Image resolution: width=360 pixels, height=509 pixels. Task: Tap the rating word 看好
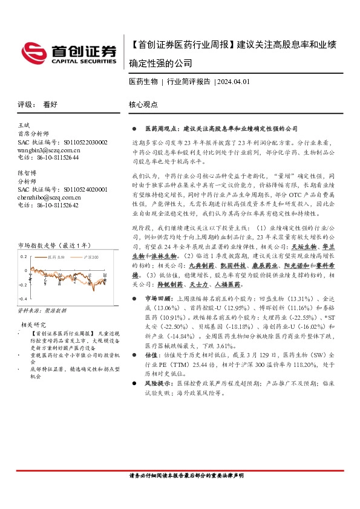50,104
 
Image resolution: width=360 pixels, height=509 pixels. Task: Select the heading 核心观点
143,104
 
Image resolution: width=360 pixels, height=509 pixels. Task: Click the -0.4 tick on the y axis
23,299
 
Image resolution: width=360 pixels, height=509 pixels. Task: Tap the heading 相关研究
33,325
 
